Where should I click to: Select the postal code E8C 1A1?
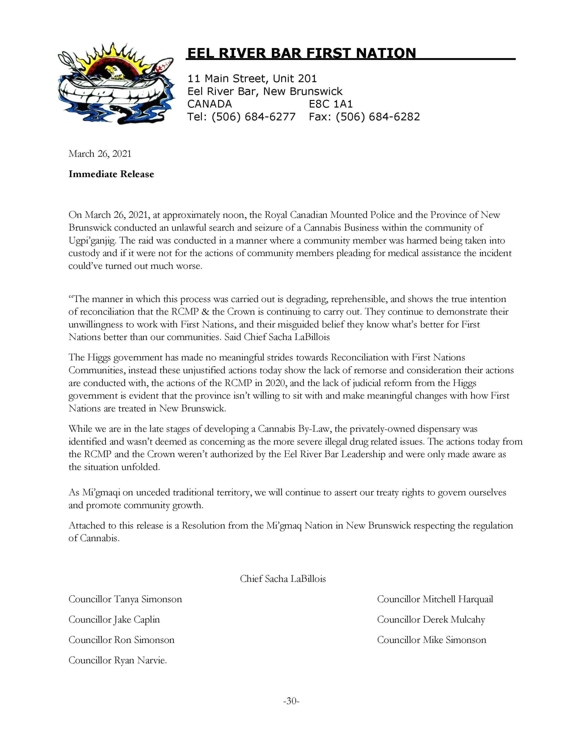pos(331,104)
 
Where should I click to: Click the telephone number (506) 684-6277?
pos(253,117)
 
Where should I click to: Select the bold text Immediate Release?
pos(111,174)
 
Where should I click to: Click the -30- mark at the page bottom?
pos(291,701)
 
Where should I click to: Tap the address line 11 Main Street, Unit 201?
pos(252,79)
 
